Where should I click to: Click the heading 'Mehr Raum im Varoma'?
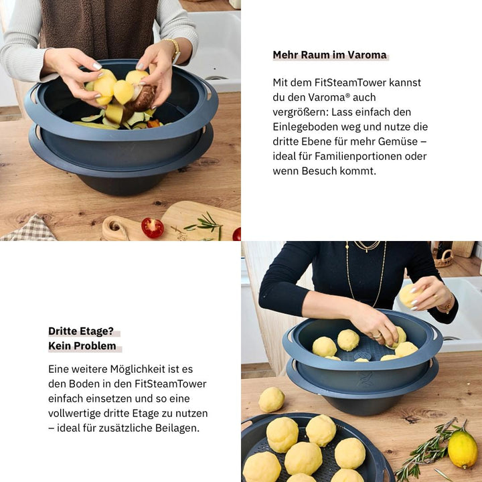coord(329,55)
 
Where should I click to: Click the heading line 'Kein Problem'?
coord(82,346)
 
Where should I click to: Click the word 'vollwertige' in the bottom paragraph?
coord(76,413)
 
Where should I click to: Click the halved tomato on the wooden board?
coord(152,228)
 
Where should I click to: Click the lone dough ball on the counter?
coord(271,400)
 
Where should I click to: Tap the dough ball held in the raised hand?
coord(408,295)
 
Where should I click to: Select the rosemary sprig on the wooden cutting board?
coord(204,224)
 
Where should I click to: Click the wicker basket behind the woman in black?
coord(444,258)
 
